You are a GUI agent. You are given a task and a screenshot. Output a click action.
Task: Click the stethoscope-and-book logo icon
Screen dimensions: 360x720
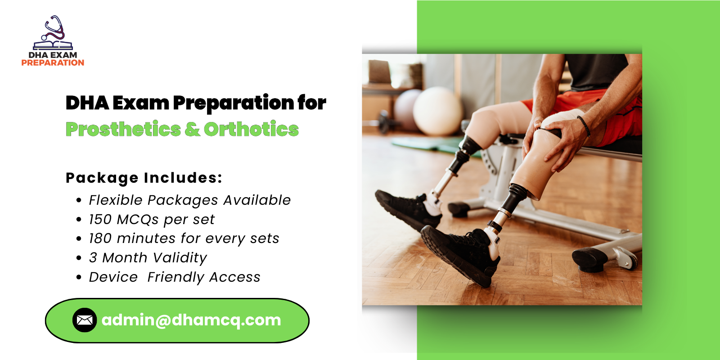coord(53,33)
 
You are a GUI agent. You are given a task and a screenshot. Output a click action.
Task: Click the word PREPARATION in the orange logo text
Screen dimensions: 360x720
coord(53,63)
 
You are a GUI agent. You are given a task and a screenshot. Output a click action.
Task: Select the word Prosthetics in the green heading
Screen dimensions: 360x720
coord(123,130)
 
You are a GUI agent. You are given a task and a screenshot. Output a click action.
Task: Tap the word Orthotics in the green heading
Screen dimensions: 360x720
coord(251,130)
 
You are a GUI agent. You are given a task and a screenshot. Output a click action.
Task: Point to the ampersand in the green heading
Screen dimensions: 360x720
coord(192,130)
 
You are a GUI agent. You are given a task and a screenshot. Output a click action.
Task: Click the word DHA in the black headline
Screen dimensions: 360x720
coord(87,103)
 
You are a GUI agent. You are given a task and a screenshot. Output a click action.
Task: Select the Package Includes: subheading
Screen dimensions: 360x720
coord(144,178)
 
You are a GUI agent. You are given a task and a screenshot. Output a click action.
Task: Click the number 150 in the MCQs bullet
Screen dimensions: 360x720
coord(100,219)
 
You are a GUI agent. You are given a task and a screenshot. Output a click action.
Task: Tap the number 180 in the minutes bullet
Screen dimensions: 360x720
coord(100,238)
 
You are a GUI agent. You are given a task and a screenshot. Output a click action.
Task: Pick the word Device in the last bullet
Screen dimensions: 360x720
coord(113,277)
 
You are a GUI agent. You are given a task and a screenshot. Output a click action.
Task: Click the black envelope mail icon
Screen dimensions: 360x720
coord(85,320)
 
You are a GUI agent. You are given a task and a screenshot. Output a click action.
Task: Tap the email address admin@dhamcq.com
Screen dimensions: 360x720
coord(191,320)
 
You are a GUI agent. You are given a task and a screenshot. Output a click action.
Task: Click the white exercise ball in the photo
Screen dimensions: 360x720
coord(437,111)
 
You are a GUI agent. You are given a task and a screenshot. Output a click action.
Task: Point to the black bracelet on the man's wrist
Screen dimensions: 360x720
coord(584,126)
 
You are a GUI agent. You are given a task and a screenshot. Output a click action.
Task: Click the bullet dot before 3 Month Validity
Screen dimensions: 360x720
coord(79,258)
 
